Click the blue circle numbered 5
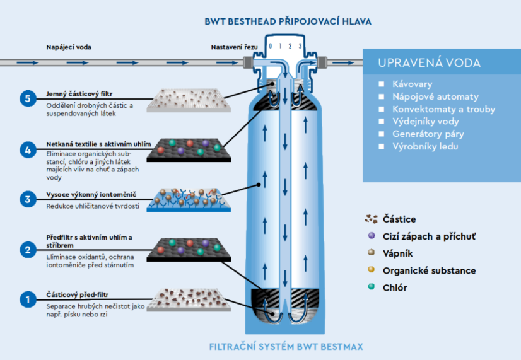pyautogui.click(x=28, y=98)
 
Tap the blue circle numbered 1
pyautogui.click(x=28, y=299)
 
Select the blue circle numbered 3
pyautogui.click(x=28, y=199)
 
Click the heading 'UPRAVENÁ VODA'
pyautogui.click(x=430, y=63)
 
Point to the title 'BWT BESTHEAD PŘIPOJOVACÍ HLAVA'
pyautogui.click(x=288, y=21)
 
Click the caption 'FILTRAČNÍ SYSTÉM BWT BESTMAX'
pyautogui.click(x=286, y=347)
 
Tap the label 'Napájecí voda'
pyautogui.click(x=69, y=47)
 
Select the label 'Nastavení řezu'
pyautogui.click(x=234, y=47)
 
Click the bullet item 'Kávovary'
pyautogui.click(x=413, y=84)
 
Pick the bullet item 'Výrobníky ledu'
pyautogui.click(x=425, y=146)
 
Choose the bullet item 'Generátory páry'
pyautogui.click(x=428, y=134)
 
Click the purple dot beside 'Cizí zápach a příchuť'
pyautogui.click(x=372, y=235)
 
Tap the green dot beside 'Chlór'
pyautogui.click(x=372, y=287)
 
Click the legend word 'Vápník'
pyautogui.click(x=398, y=253)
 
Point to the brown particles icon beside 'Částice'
pyautogui.click(x=372, y=219)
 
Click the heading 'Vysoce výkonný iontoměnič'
pyautogui.click(x=91, y=195)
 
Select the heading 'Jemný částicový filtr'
pyautogui.click(x=79, y=94)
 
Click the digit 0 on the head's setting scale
pyautogui.click(x=271, y=46)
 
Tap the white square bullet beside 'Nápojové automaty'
pyautogui.click(x=382, y=96)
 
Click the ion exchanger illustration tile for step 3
pyautogui.click(x=189, y=200)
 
